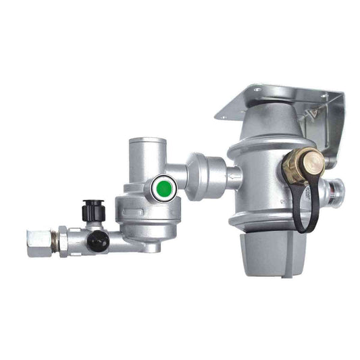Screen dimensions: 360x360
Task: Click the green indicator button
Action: coord(162,188)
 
